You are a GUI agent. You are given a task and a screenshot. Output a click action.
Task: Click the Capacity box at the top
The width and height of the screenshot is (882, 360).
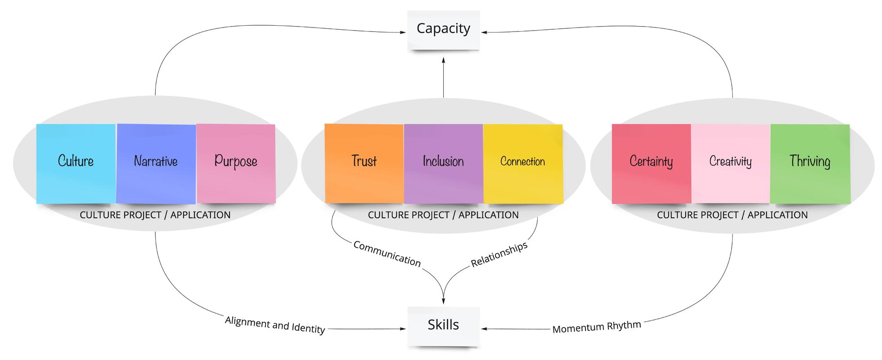443,30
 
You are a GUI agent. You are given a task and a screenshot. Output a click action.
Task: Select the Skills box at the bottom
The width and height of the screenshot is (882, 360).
443,326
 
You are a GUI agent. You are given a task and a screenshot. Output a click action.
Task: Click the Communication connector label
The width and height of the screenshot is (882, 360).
387,254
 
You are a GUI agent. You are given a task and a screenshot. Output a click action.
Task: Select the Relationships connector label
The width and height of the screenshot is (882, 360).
499,255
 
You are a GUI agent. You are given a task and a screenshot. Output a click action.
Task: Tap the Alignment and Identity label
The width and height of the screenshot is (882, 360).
275,324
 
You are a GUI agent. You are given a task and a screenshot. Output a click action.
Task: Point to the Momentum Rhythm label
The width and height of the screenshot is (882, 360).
597,327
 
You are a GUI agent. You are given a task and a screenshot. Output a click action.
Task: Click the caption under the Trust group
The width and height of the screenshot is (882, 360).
443,215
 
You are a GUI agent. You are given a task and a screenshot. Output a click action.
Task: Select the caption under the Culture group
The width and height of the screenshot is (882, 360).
155,215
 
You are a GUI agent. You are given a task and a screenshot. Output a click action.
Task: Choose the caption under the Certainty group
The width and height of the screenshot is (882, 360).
732,215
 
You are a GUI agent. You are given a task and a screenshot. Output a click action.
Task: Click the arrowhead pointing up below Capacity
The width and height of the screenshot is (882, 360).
443,60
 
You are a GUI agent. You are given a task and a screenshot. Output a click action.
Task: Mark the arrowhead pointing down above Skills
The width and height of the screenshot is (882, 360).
443,301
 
